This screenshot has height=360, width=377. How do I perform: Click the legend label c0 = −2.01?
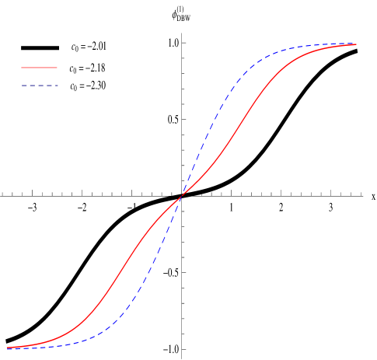tap(88, 47)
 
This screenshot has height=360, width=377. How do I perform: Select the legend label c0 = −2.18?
tap(88, 67)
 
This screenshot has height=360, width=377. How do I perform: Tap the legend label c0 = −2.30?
tap(88, 86)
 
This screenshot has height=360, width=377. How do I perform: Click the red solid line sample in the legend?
tap(40, 68)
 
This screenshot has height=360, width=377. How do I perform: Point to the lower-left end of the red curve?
tap(8, 348)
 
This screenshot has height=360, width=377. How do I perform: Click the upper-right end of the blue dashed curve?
tap(356, 44)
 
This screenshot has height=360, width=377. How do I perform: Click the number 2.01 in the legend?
tap(98, 47)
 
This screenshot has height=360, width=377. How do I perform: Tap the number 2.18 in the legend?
tap(98, 67)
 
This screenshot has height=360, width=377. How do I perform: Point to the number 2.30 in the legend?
tap(98, 86)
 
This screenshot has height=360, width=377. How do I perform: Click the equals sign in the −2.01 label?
tap(82, 47)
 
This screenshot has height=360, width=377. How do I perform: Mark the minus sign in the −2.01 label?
tap(88, 47)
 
